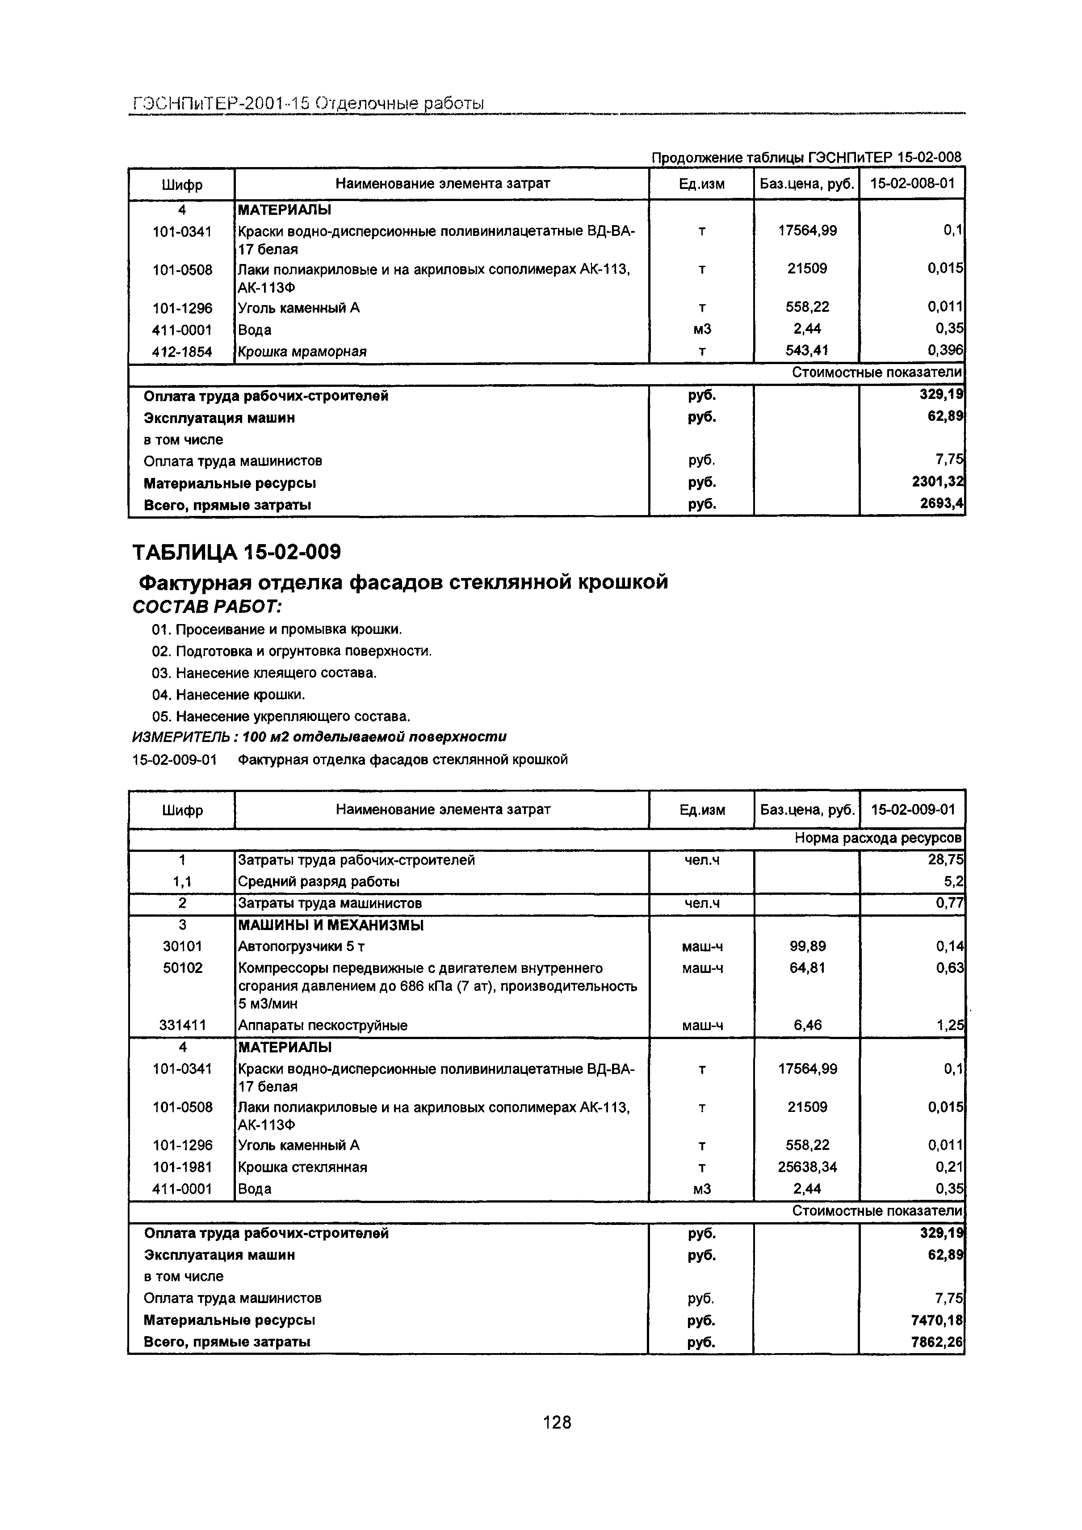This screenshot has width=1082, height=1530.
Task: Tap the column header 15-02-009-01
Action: click(x=913, y=809)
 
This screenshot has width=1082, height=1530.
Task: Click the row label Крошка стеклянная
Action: click(x=302, y=1167)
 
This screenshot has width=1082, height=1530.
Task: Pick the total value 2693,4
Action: click(x=941, y=504)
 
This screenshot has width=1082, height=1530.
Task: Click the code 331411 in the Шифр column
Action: click(x=182, y=1025)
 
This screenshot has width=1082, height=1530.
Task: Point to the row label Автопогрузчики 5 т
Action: click(x=301, y=946)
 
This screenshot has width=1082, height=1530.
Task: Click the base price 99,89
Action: click(x=807, y=946)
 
